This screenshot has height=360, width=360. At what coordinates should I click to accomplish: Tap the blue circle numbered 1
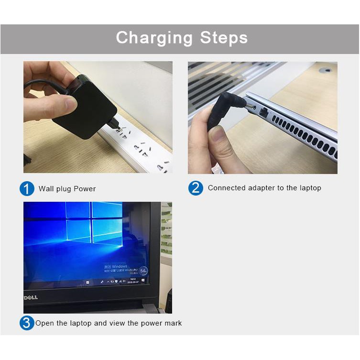pos(27,188)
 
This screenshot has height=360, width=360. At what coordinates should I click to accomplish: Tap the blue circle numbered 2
pos(196,188)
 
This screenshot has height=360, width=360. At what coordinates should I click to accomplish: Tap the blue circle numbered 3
pos(27,323)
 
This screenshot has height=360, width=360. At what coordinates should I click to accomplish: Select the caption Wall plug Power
pos(67,189)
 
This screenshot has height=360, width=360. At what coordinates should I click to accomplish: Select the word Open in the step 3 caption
pos(44,323)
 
